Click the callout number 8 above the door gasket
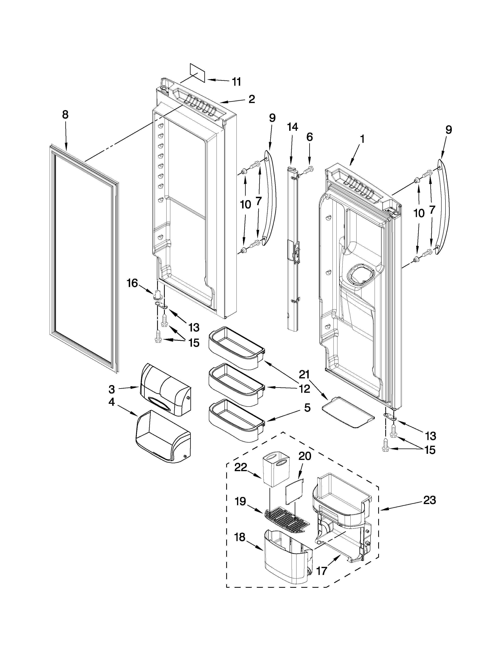tap(65, 115)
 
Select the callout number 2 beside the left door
tap(252, 99)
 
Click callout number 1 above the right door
tap(362, 139)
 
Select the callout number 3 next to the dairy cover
tap(111, 389)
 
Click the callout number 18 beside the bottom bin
tap(240, 537)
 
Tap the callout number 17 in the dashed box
tap(322, 571)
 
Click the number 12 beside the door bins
tap(305, 388)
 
